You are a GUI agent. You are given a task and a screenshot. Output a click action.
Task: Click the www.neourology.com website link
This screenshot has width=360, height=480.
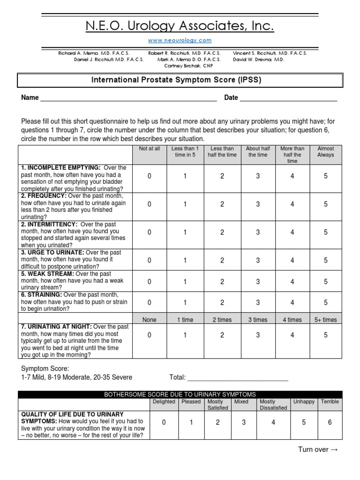(180, 40)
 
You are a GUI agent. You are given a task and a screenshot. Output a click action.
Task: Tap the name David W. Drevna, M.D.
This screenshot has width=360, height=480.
(258, 60)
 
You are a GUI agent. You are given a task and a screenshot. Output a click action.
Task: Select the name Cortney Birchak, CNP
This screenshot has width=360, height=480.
(180, 66)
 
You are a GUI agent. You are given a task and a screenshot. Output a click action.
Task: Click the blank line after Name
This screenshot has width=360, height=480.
(128, 99)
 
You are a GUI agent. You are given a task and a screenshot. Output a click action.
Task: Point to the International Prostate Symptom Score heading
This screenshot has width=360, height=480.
(176, 80)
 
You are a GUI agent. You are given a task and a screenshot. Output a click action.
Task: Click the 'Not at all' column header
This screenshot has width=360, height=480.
(150, 149)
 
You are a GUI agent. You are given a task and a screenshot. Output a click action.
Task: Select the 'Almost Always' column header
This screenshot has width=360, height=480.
(326, 151)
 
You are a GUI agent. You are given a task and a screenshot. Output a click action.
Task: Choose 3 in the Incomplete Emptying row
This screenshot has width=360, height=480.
(258, 176)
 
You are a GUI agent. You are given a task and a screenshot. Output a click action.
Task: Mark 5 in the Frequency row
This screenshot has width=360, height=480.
(326, 204)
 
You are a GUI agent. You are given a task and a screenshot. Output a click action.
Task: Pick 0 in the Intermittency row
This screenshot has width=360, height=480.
(150, 232)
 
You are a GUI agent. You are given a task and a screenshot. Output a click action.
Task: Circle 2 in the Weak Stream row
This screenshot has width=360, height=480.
(222, 282)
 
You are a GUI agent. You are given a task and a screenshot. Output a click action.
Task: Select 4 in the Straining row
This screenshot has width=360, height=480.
(292, 303)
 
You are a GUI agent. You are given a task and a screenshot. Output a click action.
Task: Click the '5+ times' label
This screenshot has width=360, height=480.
(326, 320)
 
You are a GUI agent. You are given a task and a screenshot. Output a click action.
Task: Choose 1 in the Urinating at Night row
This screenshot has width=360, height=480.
(185, 335)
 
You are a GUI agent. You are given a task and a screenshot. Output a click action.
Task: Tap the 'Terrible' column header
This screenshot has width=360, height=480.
(330, 402)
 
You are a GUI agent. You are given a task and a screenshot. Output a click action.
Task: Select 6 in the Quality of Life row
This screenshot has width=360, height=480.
(330, 422)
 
